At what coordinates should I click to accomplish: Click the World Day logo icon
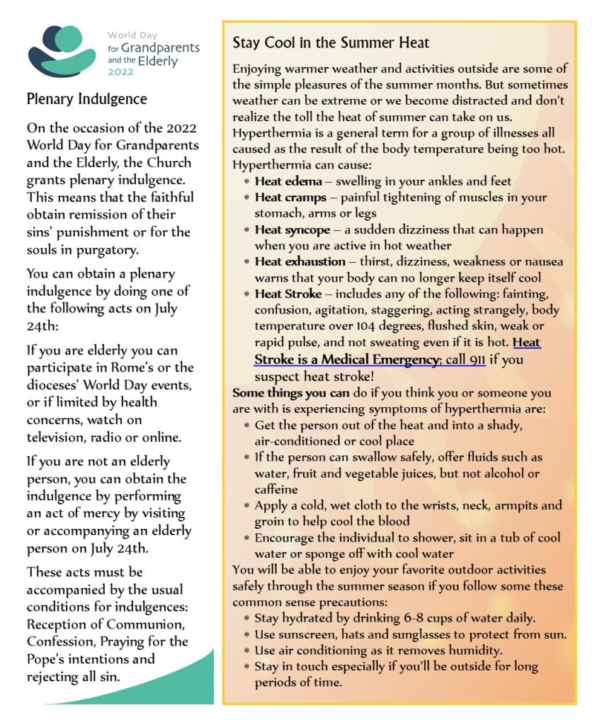pos(62,51)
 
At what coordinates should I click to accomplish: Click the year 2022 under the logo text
pos(120,72)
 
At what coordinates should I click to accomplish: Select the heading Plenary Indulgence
pos(86,99)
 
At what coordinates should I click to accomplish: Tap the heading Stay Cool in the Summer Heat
pos(331,43)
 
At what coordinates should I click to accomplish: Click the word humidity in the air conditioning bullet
pos(474,651)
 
